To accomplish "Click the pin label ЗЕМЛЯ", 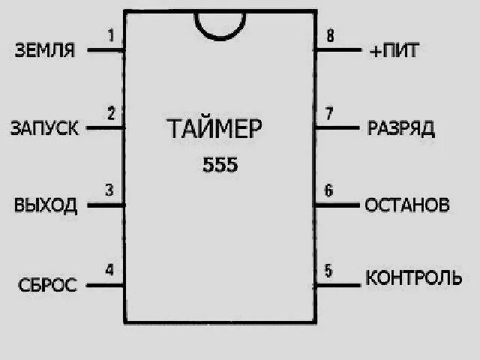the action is [45, 51].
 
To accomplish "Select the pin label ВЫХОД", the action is [46, 205].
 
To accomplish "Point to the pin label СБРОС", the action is [48, 285].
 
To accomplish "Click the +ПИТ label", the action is [394, 51].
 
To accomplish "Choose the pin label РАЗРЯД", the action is [401, 128].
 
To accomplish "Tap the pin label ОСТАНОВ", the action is [407, 205].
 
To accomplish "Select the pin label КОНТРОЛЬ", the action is [413, 278].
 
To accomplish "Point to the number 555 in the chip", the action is [220, 165].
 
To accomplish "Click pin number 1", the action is [111, 35].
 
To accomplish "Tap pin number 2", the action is [111, 114].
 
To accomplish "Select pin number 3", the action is [109, 190].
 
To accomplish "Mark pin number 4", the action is [109, 269].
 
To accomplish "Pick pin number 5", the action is [328, 269].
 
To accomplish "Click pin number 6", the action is [328, 190].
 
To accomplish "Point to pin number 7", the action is [328, 114].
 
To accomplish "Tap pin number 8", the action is [328, 35].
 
